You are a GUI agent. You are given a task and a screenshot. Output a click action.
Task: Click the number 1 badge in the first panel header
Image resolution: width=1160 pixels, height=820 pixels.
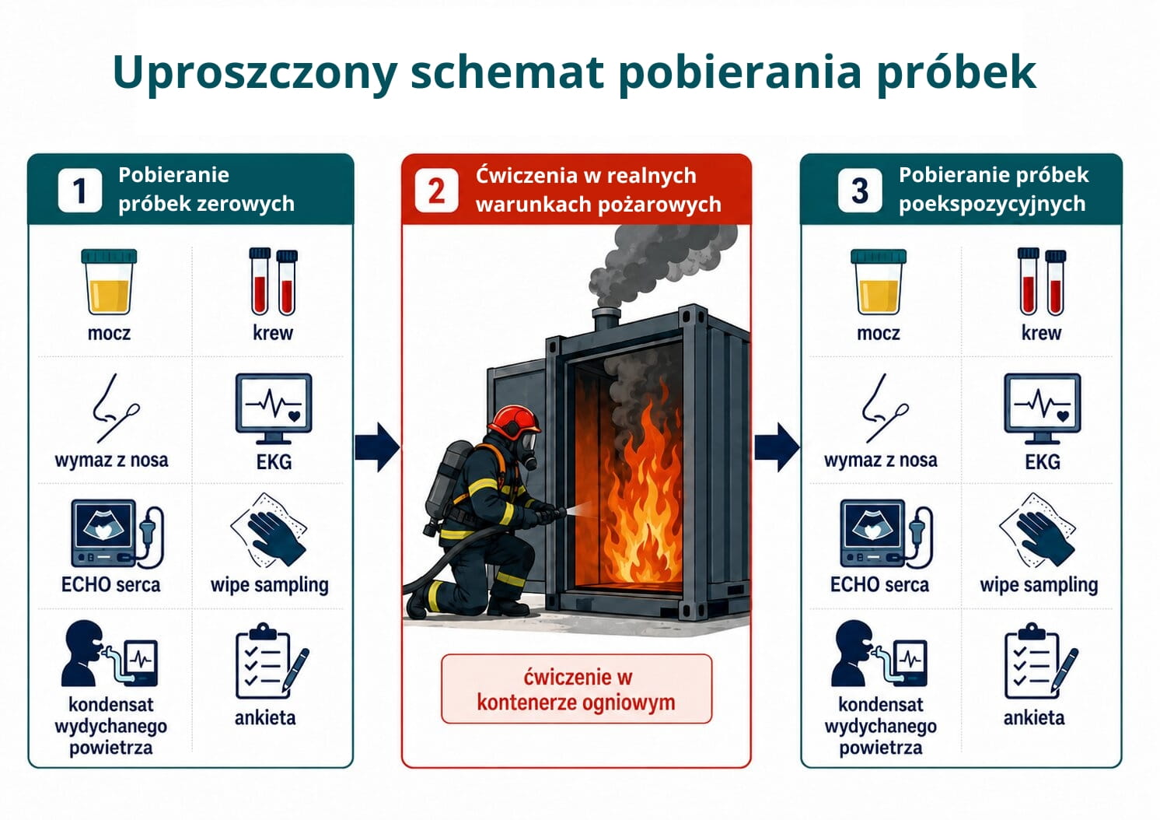tap(80, 191)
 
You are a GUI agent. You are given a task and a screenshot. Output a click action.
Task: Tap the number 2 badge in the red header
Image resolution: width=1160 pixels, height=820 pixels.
tap(436, 191)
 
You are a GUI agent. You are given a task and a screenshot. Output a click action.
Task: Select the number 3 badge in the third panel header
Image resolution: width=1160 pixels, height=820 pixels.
tap(860, 191)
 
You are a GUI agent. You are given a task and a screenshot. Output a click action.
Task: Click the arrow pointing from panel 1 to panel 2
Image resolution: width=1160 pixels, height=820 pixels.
tap(377, 447)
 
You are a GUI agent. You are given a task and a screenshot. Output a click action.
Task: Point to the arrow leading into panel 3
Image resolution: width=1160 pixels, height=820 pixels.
tap(777, 447)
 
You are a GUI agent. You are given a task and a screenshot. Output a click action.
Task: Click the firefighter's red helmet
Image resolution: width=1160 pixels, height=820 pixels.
tap(514, 421)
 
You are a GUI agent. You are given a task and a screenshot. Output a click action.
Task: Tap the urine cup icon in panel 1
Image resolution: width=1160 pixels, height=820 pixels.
tap(110, 282)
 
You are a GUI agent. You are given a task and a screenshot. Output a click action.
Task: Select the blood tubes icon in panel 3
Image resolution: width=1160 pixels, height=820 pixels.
tap(1042, 282)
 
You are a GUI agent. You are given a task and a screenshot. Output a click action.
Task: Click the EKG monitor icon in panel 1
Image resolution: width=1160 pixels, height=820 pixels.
tap(274, 408)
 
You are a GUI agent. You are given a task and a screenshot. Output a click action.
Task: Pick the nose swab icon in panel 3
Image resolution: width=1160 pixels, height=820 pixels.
tap(885, 408)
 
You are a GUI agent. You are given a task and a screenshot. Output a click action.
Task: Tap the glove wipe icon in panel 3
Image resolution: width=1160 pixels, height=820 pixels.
tap(1038, 530)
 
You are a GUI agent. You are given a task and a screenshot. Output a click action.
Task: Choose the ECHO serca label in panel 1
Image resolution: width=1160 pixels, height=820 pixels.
tap(111, 585)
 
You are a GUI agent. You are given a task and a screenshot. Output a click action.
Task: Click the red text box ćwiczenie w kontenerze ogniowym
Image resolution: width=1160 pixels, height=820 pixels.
tap(576, 689)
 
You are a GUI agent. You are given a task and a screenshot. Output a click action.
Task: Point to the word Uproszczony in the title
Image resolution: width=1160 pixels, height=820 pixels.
tap(255, 73)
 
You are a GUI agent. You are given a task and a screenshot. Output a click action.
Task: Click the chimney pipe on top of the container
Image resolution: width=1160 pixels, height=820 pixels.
tap(606, 320)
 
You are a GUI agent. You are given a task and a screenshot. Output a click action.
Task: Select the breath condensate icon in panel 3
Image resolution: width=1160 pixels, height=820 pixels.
tap(879, 654)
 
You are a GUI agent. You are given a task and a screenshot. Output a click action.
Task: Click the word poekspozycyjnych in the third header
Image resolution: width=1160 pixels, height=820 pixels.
tap(992, 205)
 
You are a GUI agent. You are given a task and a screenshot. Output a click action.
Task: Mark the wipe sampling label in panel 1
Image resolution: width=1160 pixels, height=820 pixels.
tap(269, 585)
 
